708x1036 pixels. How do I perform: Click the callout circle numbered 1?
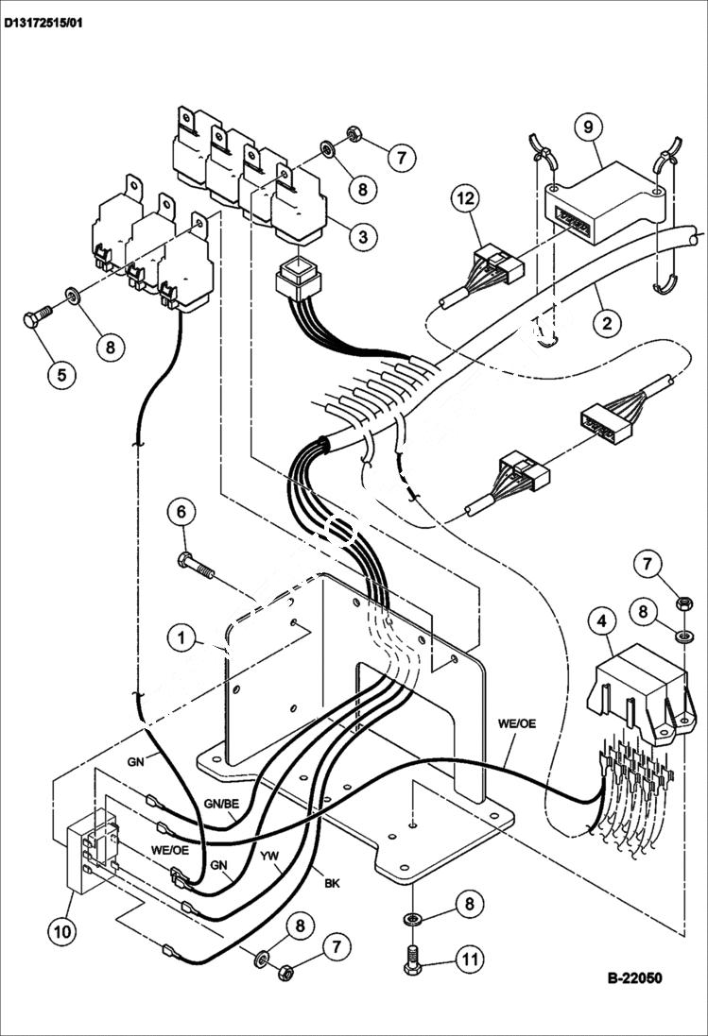[181, 637]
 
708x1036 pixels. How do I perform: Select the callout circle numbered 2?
[607, 323]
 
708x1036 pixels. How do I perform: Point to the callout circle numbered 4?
[600, 622]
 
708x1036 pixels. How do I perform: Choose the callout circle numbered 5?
[61, 374]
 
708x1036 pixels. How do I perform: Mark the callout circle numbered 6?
[182, 513]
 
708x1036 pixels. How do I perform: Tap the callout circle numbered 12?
[470, 199]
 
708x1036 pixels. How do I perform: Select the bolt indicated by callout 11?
[412, 960]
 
